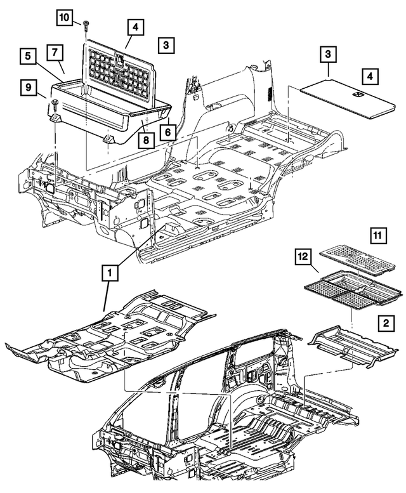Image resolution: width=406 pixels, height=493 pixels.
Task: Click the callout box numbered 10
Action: [x=65, y=18]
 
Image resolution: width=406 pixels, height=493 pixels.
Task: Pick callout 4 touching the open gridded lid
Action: [x=134, y=27]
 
